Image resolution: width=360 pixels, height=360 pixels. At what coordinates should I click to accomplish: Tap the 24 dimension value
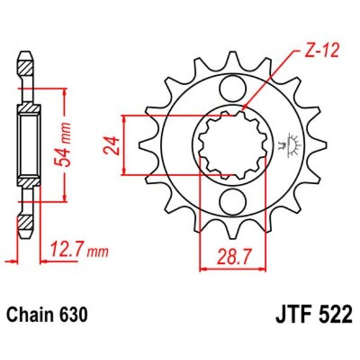coord(113,145)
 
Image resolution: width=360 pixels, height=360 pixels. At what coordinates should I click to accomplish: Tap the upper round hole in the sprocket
coord(231,87)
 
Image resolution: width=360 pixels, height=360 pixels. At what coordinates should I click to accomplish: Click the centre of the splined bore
coord(231,143)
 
